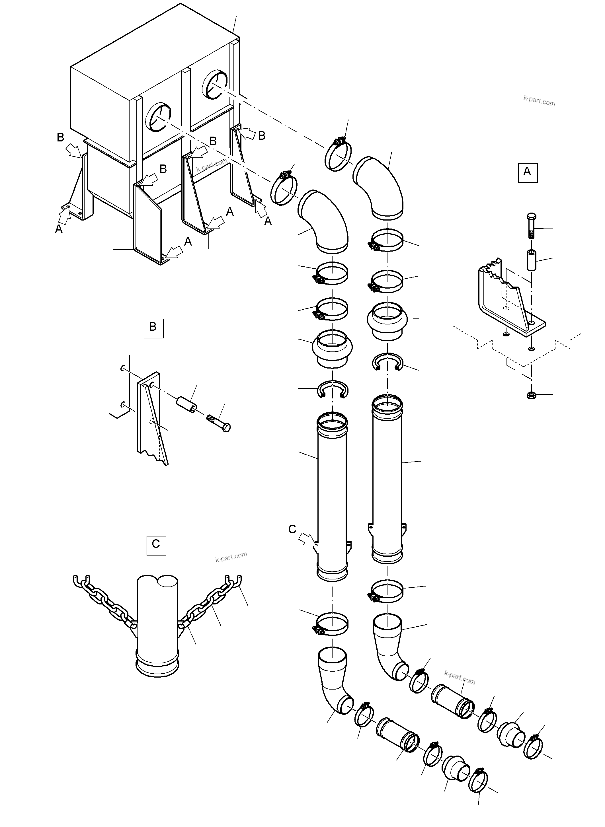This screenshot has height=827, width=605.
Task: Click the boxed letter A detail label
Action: point(527,173)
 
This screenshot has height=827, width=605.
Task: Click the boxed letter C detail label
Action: point(156,545)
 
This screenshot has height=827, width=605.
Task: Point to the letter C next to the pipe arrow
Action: point(292,529)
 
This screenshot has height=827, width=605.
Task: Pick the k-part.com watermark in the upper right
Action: point(539,101)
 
